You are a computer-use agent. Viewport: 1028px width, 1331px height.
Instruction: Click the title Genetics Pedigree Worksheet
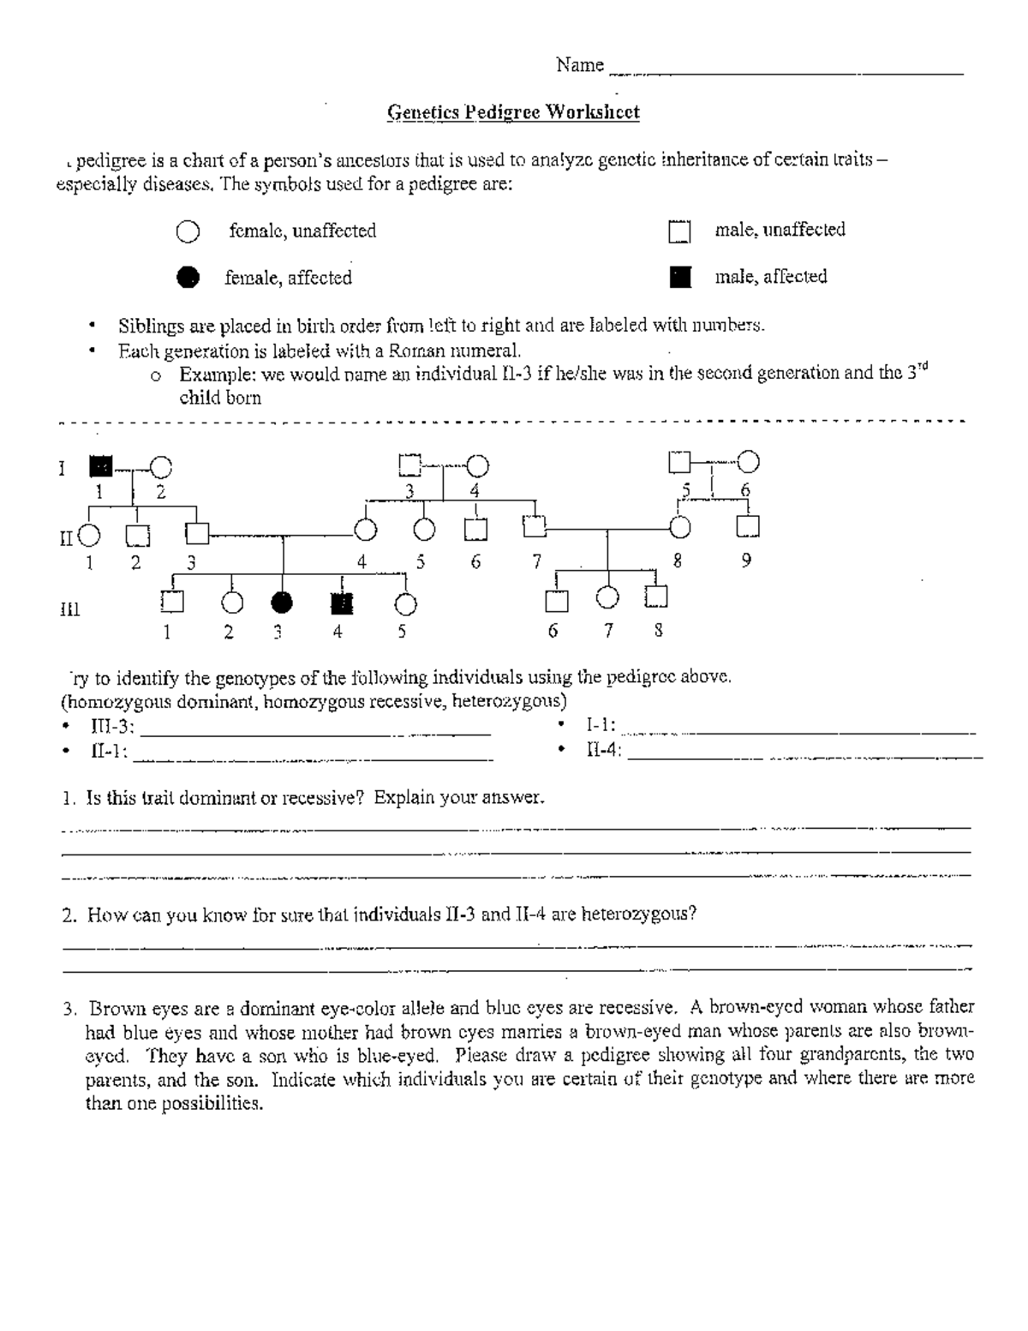[x=513, y=112]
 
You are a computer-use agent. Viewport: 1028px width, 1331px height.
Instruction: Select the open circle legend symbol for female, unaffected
[x=188, y=232]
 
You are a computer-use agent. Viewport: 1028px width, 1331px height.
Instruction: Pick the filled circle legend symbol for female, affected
[x=187, y=277]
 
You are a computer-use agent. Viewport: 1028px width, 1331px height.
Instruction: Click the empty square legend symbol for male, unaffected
[x=679, y=232]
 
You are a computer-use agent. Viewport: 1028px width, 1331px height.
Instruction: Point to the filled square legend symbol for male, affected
[x=680, y=277]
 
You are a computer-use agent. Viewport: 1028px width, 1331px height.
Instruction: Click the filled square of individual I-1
[x=100, y=466]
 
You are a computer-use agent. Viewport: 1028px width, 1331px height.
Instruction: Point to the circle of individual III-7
[x=607, y=597]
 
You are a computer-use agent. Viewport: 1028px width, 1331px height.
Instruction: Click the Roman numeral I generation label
[x=61, y=469]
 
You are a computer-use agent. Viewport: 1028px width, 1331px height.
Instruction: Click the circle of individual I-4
[x=477, y=465]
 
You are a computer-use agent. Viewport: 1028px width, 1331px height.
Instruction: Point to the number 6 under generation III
[x=553, y=632]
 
